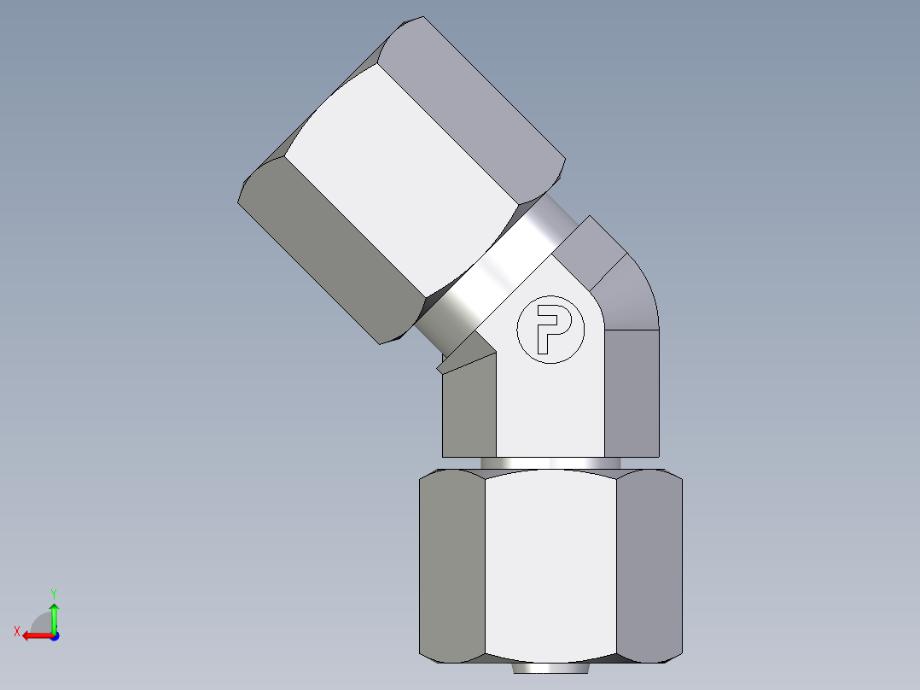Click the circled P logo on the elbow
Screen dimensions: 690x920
550,330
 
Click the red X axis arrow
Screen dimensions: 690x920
34,635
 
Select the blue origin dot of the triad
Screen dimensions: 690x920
54,635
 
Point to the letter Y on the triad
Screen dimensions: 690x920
53,593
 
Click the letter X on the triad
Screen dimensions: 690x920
17,631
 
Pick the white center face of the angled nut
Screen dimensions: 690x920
401,179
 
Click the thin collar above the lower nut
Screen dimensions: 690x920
550,463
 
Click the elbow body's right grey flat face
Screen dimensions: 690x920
632,393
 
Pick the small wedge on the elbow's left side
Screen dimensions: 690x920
465,355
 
